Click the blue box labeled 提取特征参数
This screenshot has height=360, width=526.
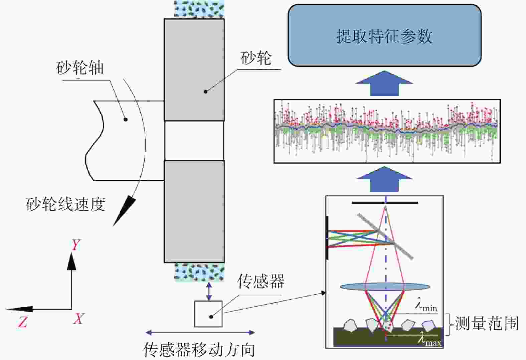(385, 35)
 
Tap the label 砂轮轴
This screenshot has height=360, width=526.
(80, 68)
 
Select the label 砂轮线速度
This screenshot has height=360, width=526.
(65, 204)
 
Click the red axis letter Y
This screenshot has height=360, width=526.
(76, 245)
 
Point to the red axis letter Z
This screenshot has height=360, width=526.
(22, 322)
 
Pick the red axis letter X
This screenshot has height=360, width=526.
(78, 319)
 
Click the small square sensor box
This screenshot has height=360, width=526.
(208, 314)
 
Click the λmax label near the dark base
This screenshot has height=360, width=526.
(429, 340)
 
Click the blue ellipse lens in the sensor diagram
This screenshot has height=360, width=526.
(385, 287)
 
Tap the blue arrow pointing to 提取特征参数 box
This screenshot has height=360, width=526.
(384, 83)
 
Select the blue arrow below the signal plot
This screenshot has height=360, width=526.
(384, 179)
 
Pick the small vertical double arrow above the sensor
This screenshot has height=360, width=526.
(209, 291)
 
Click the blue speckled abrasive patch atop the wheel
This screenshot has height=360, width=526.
(199, 9)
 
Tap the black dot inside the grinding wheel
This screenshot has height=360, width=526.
(205, 92)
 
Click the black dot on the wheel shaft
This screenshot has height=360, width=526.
(126, 120)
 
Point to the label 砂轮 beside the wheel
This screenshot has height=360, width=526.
(256, 58)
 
